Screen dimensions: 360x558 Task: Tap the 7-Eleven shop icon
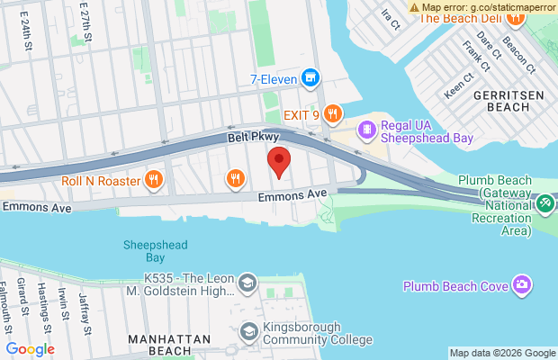(x=310, y=78)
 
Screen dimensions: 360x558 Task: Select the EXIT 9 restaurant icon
(x=333, y=113)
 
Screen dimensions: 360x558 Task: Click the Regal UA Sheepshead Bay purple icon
(x=367, y=131)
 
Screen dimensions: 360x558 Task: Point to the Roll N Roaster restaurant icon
(x=154, y=180)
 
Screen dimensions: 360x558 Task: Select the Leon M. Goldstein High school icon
(x=247, y=286)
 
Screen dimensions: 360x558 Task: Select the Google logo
(x=30, y=349)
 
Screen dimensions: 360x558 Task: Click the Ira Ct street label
(x=389, y=18)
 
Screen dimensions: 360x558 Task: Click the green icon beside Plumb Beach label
(x=544, y=204)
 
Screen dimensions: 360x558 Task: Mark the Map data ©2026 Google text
(x=502, y=354)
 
